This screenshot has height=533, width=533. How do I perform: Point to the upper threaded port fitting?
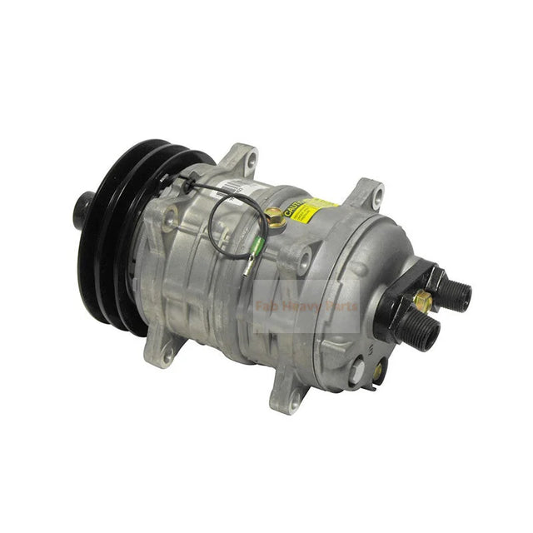[454, 292]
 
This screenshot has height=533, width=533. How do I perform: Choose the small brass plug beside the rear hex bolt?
[377, 370]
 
